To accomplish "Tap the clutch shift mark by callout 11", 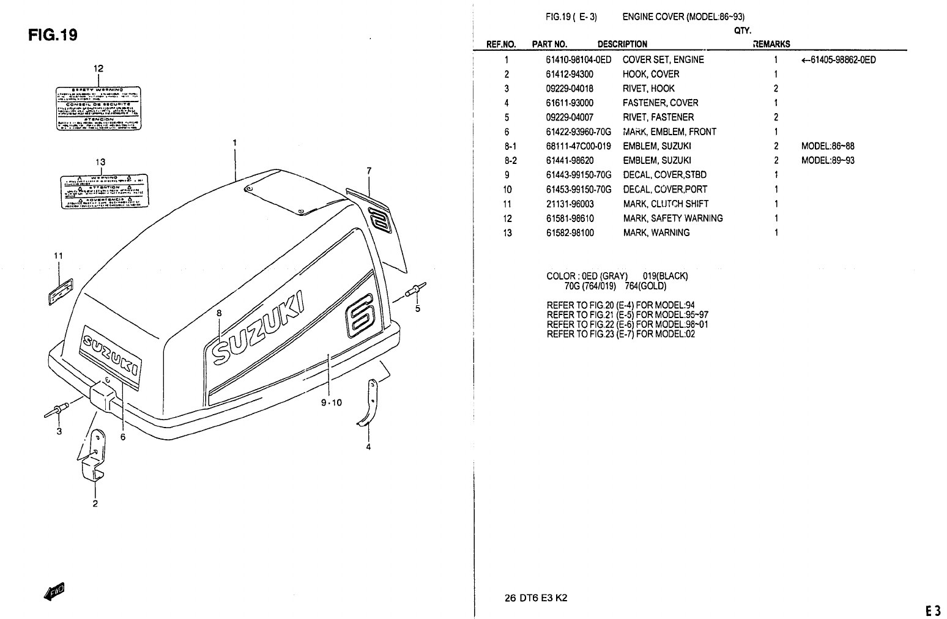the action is (60, 289).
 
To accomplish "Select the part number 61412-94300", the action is (569, 74).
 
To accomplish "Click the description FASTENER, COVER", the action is (660, 103).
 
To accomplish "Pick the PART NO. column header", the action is (549, 44).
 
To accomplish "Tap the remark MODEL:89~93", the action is (828, 160).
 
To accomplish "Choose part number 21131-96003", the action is (570, 204).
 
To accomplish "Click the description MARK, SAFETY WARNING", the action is (673, 218).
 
